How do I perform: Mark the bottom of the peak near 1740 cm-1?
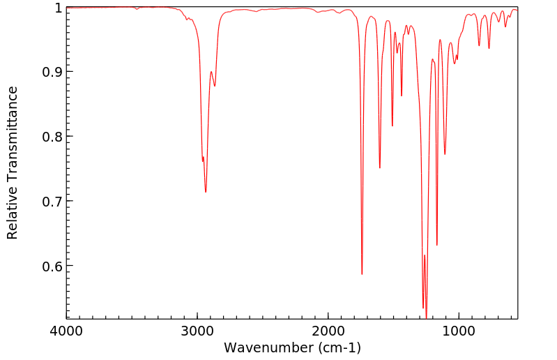362,273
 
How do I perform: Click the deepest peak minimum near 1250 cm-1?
426,317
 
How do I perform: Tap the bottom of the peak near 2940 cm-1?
206,192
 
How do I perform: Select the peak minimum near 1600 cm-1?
380,167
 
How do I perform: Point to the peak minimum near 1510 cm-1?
392,126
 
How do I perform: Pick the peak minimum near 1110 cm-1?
445,154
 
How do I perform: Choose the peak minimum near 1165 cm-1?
437,245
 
